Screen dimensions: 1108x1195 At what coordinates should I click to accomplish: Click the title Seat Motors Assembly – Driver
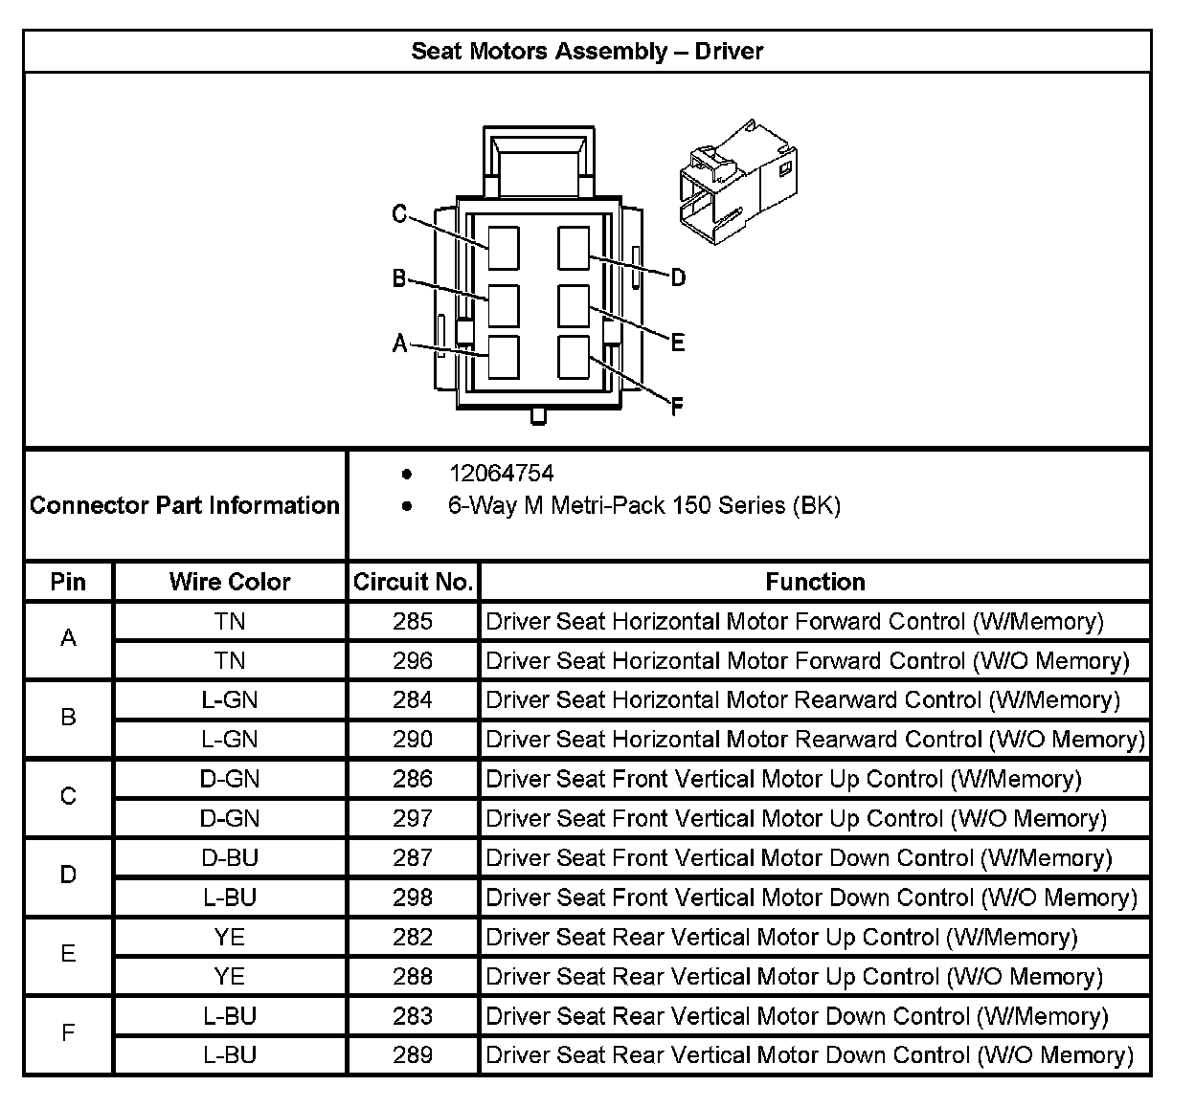[587, 51]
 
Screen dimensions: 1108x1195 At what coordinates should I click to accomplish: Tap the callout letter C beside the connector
[400, 213]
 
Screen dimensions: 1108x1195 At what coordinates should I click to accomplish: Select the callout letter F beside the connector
[677, 408]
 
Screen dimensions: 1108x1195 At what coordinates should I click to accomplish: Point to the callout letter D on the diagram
[678, 278]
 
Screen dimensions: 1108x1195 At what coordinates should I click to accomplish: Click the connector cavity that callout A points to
[503, 357]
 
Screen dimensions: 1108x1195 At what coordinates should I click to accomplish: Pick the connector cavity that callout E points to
[574, 306]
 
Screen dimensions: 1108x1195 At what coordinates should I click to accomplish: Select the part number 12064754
[501, 473]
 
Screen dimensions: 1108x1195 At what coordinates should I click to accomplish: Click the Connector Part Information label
[185, 505]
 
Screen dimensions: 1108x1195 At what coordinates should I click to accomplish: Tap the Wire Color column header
[230, 582]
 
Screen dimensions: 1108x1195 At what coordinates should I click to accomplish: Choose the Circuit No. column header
[413, 582]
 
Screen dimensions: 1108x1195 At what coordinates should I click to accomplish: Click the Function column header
[815, 582]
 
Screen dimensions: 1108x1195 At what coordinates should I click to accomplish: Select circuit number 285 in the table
[413, 622]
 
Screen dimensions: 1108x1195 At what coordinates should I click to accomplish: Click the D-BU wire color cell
[230, 858]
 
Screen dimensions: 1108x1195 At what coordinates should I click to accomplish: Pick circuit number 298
[413, 897]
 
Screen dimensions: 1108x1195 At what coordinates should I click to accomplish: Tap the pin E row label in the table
[68, 954]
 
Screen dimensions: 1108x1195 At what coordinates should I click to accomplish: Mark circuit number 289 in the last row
[413, 1055]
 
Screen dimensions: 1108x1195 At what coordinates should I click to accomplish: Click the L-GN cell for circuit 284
[230, 700]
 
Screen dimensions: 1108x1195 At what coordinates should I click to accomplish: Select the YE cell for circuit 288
[230, 976]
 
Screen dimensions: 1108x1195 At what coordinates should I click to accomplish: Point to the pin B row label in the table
[68, 718]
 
